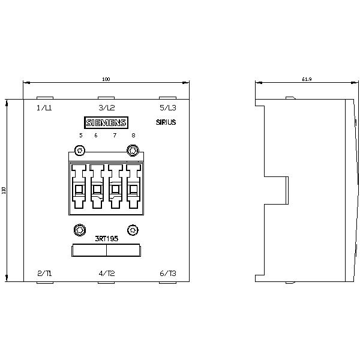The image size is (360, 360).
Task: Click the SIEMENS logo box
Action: click(x=106, y=122)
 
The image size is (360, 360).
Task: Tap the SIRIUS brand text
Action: click(x=166, y=122)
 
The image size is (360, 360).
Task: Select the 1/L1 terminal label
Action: click(x=44, y=107)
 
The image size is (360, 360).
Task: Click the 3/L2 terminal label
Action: click(x=107, y=107)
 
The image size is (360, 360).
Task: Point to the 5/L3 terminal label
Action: click(x=168, y=107)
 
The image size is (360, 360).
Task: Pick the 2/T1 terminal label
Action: click(x=44, y=274)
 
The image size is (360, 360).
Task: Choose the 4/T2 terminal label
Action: click(x=107, y=274)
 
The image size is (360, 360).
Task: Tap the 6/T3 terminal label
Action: click(x=168, y=274)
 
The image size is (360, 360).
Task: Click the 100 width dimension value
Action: click(x=106, y=79)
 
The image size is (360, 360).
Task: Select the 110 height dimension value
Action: click(x=4, y=190)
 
